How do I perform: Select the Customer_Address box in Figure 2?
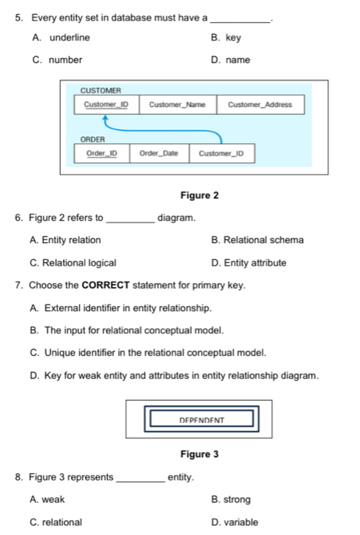tap(260, 105)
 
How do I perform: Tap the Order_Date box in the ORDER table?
tap(158, 153)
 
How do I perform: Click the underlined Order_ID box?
tap(102, 153)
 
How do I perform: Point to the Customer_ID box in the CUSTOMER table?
tap(106, 105)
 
